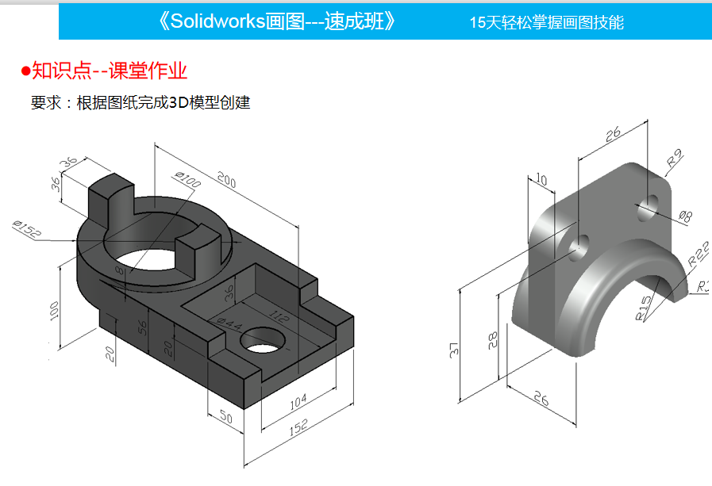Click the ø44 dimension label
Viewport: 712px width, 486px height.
[x=229, y=323]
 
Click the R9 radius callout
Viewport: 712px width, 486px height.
[x=675, y=159]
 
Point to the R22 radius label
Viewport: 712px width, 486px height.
[x=699, y=252]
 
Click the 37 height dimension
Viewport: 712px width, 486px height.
[x=453, y=348]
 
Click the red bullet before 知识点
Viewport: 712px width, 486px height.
[x=25, y=71]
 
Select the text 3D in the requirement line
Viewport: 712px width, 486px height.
[x=177, y=102]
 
